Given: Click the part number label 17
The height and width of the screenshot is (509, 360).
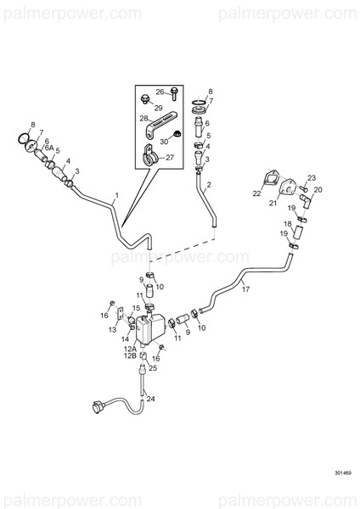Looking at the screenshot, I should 246,289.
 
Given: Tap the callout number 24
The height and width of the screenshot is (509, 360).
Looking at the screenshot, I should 151,398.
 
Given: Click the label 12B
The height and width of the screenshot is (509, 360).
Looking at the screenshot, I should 129,358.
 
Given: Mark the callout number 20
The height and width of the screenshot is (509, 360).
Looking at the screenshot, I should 318,190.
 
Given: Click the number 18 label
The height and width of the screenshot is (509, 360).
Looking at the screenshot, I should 286,224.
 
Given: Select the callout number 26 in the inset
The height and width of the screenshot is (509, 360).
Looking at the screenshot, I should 159,92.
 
